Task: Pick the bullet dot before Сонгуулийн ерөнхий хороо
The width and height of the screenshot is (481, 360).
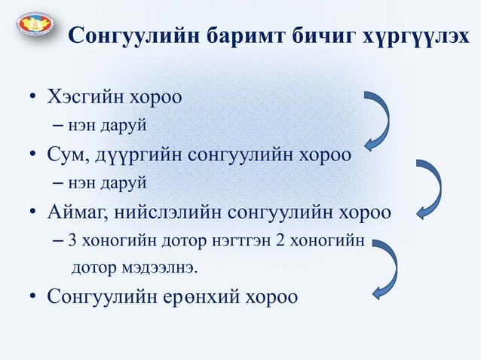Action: tap(34, 296)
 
